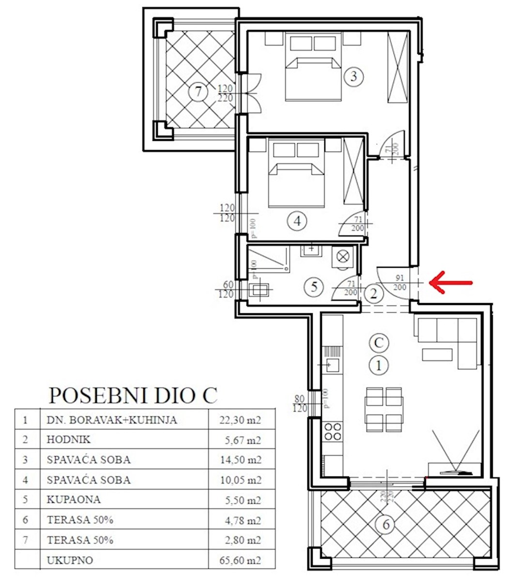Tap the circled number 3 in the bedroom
[x=353, y=76]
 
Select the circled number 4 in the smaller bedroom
[x=297, y=221]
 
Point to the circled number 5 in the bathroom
[x=314, y=287]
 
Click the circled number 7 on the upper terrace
[x=197, y=92]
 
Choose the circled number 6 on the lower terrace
[x=386, y=524]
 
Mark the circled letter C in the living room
[x=379, y=343]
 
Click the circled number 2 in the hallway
[x=374, y=293]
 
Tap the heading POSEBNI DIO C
[x=133, y=396]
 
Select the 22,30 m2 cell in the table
[x=241, y=420]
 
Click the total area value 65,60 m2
[x=241, y=560]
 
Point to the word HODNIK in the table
[x=69, y=440]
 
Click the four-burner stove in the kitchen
[x=332, y=431]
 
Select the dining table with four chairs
[x=384, y=409]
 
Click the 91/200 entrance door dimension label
[x=400, y=283]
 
